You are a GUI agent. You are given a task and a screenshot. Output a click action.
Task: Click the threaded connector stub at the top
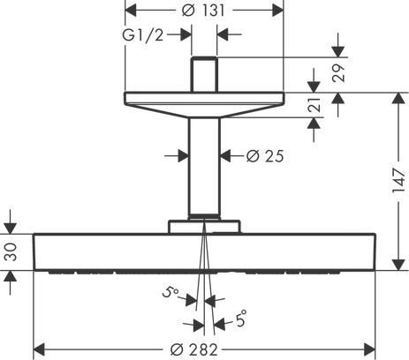(205, 74)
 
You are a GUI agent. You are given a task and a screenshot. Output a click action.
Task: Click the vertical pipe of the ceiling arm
(205, 168)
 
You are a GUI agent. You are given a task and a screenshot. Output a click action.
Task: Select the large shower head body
(205, 251)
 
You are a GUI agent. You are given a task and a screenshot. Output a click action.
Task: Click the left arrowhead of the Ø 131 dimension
(129, 11)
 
